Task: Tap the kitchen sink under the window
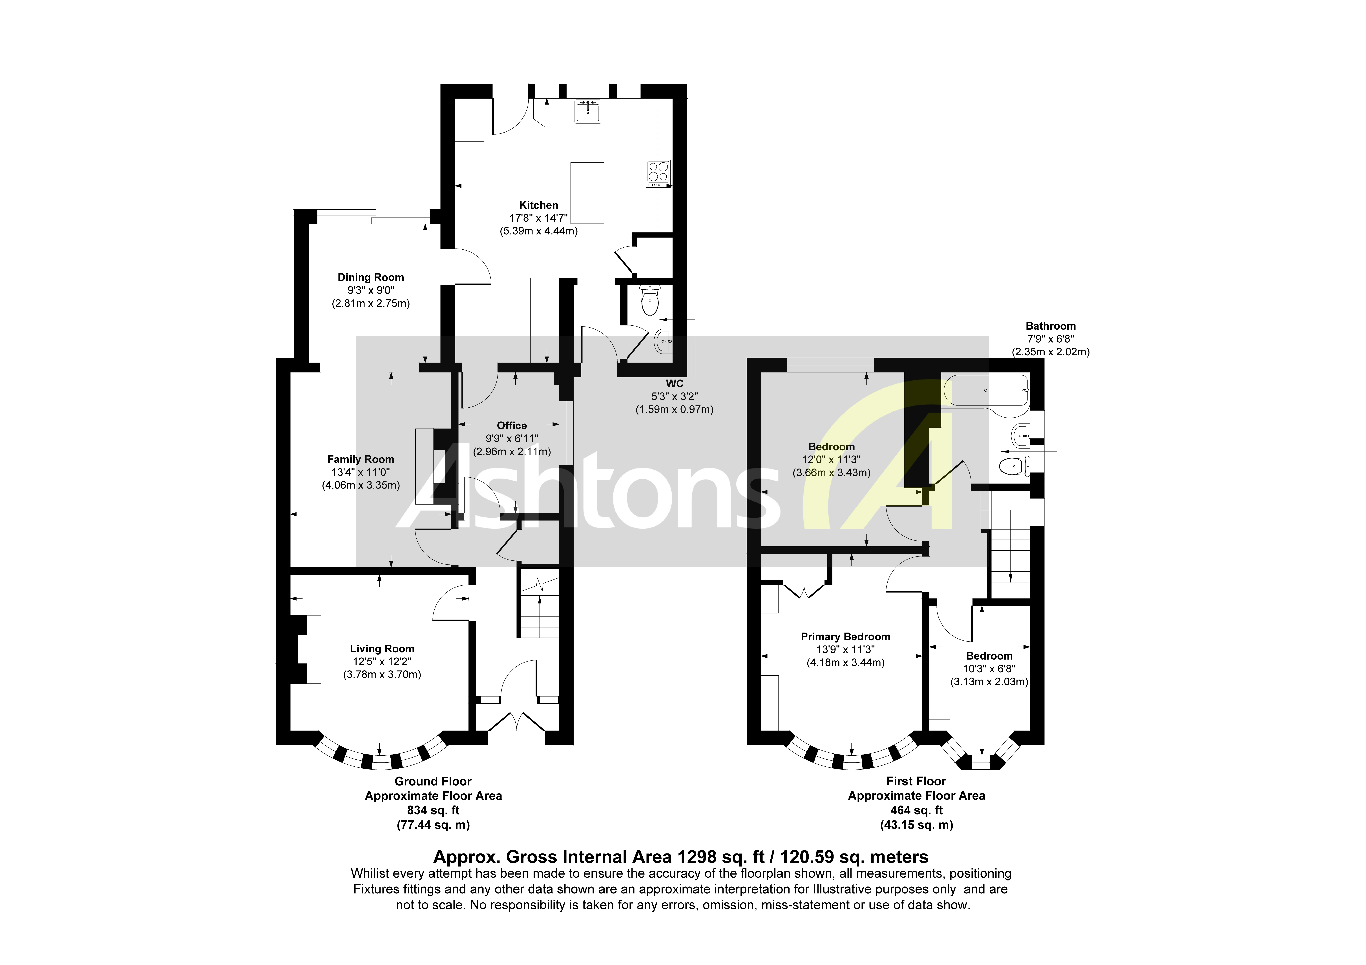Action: [x=588, y=111]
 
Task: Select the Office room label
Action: [x=512, y=425]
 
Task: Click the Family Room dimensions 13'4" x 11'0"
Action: [x=361, y=472]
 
